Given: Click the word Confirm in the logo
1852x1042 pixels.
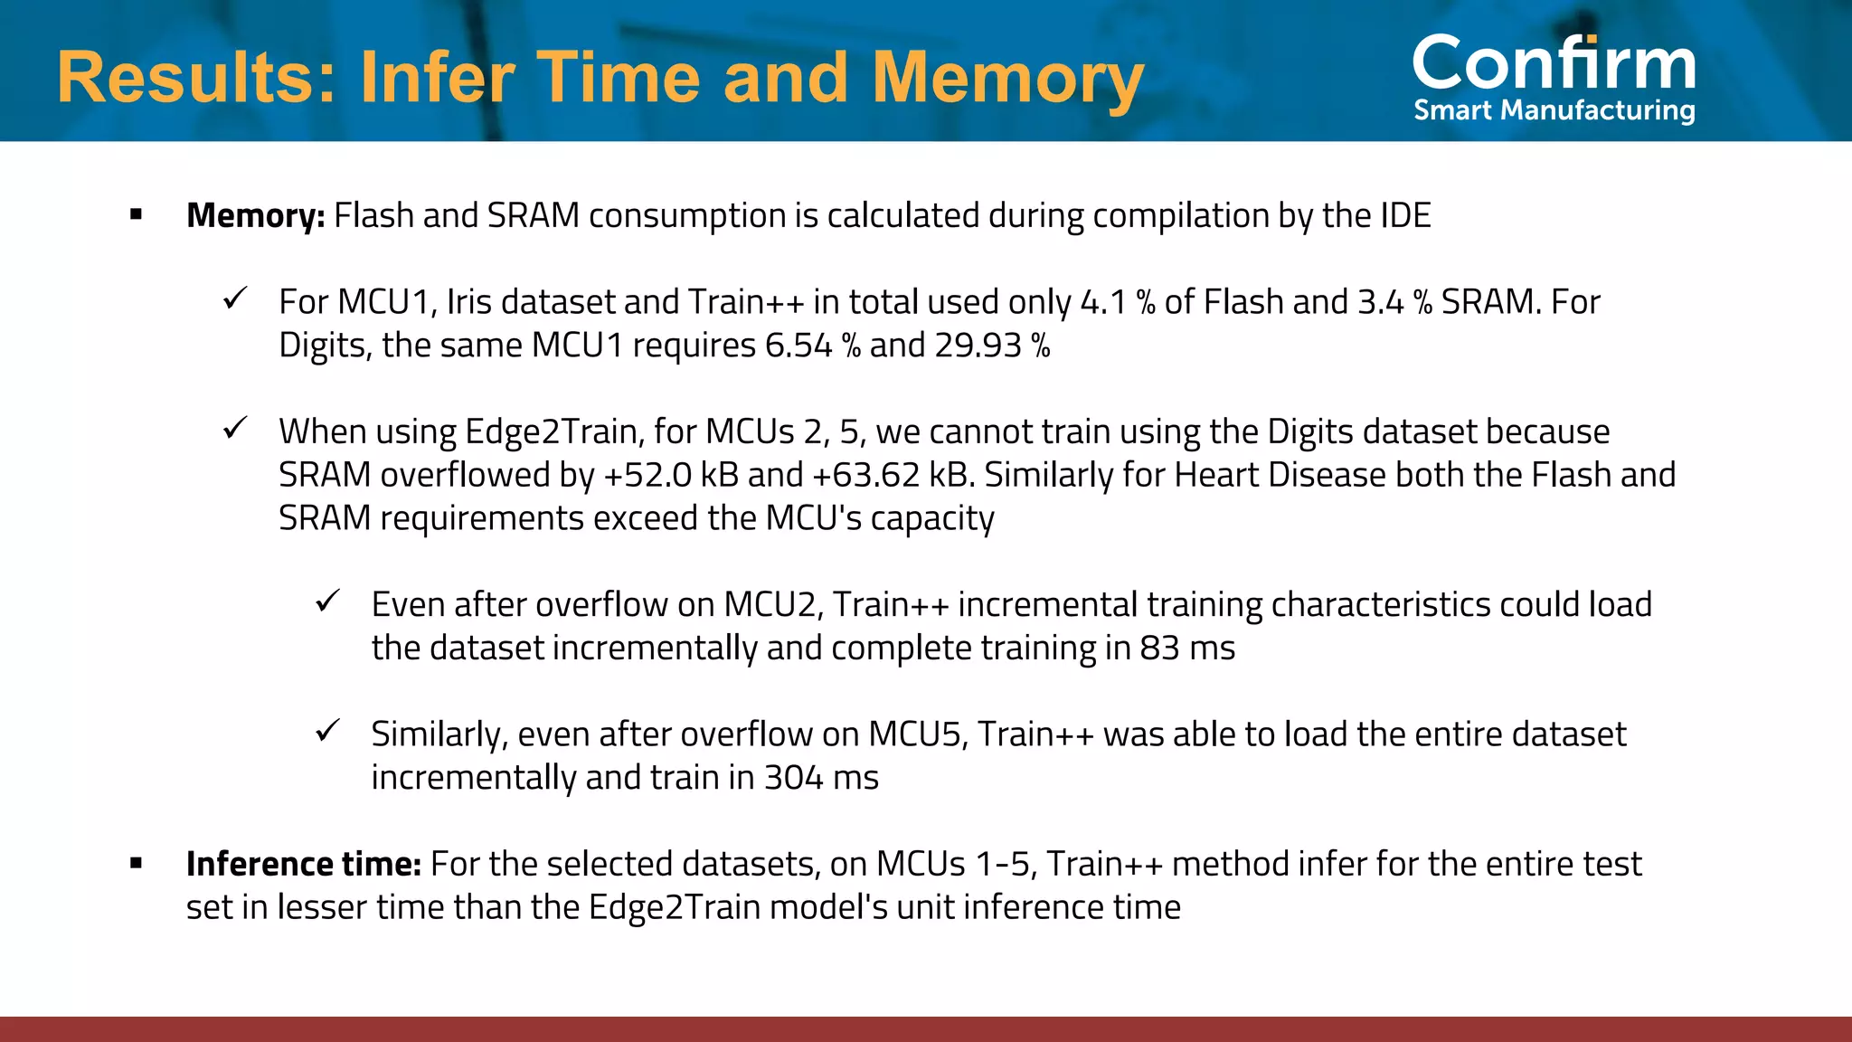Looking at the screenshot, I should [x=1554, y=63].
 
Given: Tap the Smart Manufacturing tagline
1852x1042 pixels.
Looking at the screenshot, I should [x=1554, y=110].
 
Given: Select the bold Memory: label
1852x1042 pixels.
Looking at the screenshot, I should [x=255, y=216].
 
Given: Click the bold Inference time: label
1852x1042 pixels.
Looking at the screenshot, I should [x=303, y=865].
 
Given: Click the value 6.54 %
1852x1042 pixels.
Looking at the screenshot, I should [x=812, y=346].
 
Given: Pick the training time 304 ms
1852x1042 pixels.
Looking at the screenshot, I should [x=821, y=778].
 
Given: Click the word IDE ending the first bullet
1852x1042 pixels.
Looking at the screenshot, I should [x=1405, y=216].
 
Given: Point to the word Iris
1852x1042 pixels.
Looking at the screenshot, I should [x=468, y=302].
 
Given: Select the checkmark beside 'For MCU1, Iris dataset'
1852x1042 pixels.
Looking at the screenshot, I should [x=235, y=298].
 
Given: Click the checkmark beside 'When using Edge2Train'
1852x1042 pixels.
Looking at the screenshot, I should [x=235, y=427].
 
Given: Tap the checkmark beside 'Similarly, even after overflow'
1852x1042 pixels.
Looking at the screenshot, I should [x=327, y=730].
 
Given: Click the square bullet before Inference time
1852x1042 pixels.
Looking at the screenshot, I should [x=137, y=863].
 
